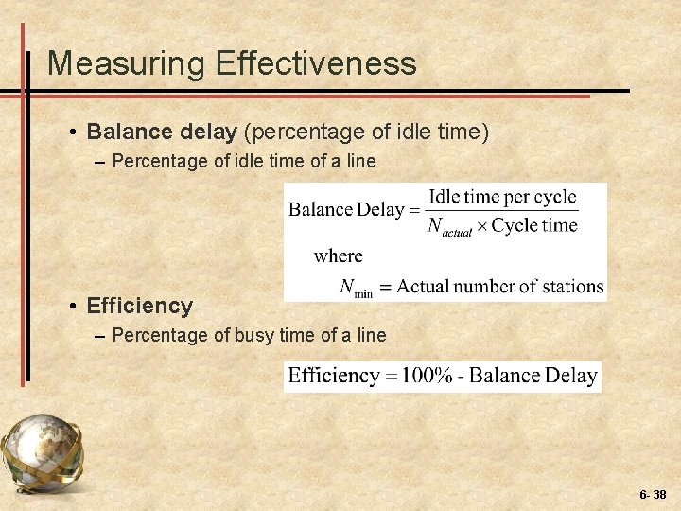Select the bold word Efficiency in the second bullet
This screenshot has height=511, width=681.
pos(139,306)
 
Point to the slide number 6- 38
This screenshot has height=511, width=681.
pos(653,494)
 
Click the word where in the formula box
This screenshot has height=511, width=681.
pos(338,255)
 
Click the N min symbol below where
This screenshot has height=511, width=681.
pos(357,287)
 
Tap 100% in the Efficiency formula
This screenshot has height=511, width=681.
pos(427,376)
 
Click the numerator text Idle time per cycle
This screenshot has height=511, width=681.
pos(501,197)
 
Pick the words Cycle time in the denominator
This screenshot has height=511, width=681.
pos(533,225)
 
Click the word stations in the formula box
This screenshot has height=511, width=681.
pos(572,286)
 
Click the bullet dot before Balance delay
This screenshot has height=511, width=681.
pos(73,132)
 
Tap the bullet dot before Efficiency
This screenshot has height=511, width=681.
pos(73,307)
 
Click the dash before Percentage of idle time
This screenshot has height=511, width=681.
pos(100,162)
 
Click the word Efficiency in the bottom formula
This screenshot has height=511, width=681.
pos(333,376)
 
